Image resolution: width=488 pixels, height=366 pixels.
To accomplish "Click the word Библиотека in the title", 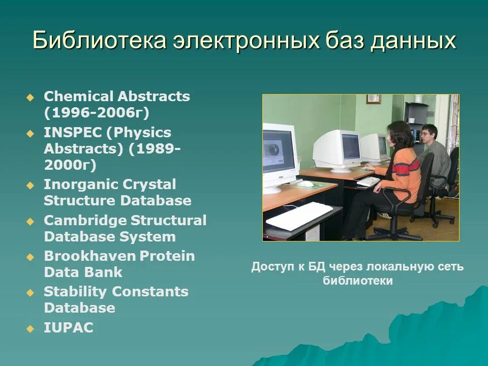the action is click(99, 40).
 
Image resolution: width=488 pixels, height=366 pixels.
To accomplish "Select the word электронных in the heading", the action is click(247, 40).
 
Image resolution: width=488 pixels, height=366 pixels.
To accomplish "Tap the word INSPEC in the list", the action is click(73, 133).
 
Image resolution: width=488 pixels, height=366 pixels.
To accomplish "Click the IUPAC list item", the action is click(69, 327).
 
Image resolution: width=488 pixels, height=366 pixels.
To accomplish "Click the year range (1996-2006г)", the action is click(97, 113).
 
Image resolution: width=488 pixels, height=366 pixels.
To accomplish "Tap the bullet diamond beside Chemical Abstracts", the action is click(30, 98).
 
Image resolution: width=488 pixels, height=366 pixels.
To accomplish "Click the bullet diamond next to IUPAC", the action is click(30, 329).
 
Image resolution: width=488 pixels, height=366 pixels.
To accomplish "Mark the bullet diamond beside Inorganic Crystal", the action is click(30, 186).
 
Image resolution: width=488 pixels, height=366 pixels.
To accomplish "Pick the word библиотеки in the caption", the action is click(357, 281).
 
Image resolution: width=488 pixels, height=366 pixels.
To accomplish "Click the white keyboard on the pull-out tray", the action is click(299, 216).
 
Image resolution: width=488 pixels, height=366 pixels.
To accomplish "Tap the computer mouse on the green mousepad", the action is click(304, 184).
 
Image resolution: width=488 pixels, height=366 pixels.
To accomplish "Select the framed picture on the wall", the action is click(374, 99).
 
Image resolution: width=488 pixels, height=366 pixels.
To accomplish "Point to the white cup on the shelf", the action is click(412, 120).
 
